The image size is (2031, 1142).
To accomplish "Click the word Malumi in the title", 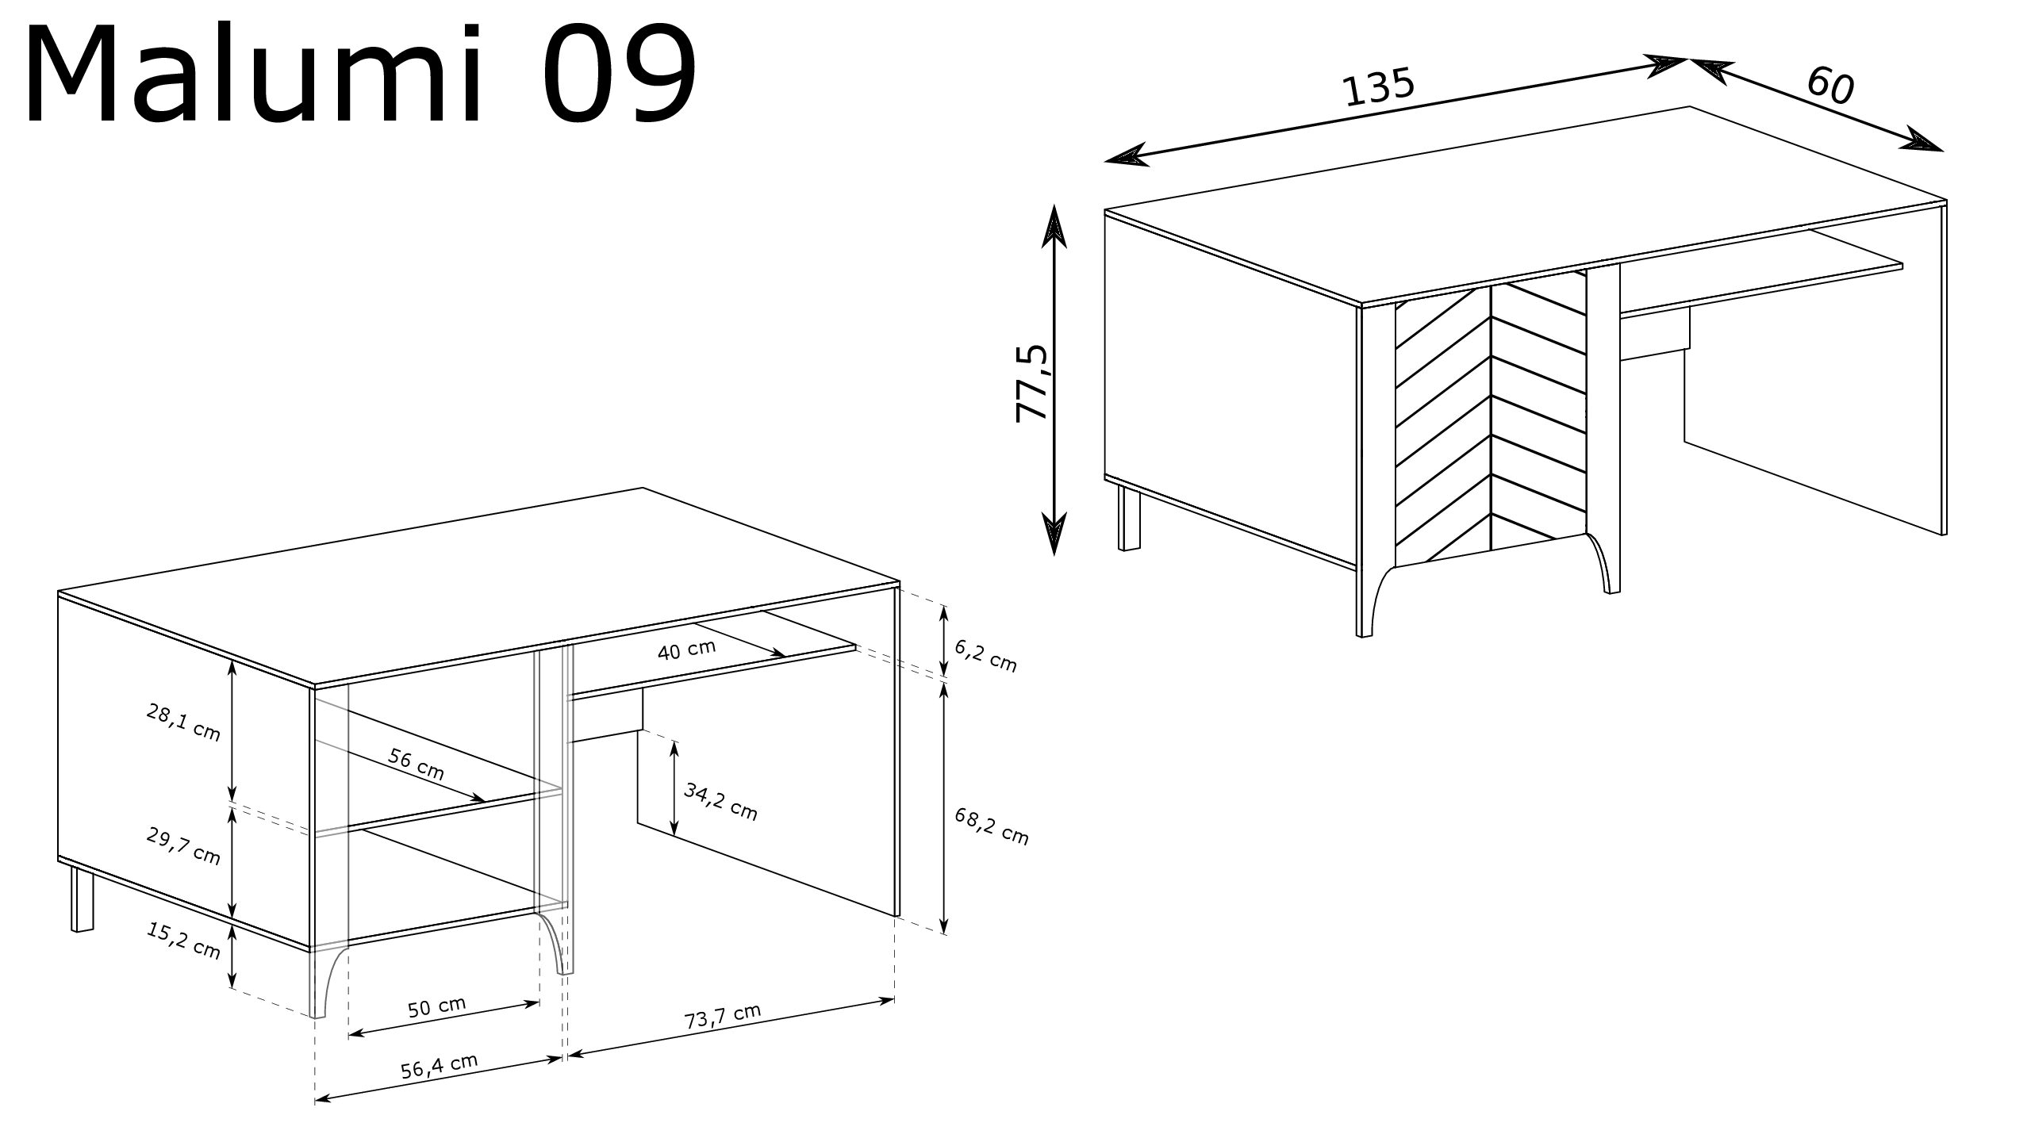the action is click(x=254, y=76).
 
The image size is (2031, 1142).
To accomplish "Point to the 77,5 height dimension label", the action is click(x=1032, y=383).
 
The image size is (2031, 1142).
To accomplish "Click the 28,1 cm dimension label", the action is click(x=183, y=722).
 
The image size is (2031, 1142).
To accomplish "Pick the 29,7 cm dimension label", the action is click(x=183, y=845).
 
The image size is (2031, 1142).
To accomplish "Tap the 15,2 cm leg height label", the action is click(x=183, y=941).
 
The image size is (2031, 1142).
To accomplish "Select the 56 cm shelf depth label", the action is click(x=417, y=764).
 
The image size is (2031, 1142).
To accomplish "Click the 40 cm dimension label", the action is click(x=687, y=650).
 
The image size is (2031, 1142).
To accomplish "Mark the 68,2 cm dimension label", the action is click(x=992, y=826).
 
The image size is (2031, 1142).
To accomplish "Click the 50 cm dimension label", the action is click(x=437, y=1006).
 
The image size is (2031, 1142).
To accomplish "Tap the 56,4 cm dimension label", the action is click(x=440, y=1067).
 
